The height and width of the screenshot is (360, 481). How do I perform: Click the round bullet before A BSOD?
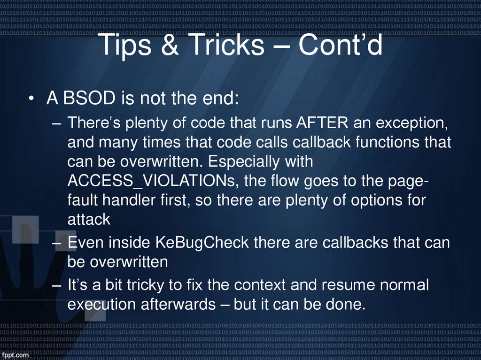pos(31,100)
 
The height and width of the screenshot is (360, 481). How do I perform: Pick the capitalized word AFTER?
pos(322,123)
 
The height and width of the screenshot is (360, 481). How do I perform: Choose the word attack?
pos(89,219)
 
